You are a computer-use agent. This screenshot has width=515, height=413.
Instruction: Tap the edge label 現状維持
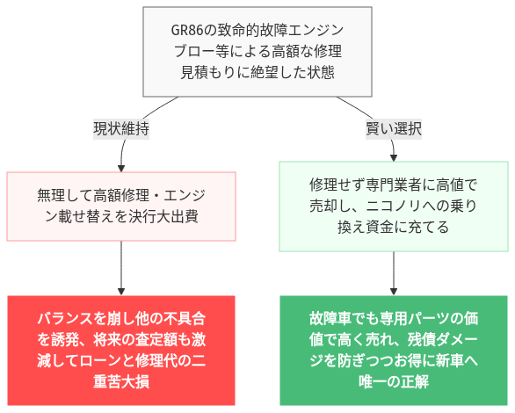pos(121,127)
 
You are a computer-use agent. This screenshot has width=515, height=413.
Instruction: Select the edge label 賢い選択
pos(393,127)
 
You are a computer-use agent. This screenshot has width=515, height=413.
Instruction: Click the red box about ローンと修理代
pos(121,349)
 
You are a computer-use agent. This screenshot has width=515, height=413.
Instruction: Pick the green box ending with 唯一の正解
pos(393,349)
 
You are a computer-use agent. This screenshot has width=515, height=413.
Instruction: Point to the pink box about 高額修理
pos(121,206)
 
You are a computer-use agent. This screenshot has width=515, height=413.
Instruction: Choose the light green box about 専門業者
pos(393,206)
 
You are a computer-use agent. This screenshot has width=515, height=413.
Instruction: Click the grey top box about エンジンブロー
pos(257,52)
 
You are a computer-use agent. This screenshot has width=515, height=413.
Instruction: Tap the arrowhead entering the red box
pos(121,292)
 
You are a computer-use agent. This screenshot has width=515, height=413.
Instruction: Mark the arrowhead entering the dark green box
pos(393,292)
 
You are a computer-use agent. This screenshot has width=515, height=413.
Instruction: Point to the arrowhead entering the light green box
pos(393,156)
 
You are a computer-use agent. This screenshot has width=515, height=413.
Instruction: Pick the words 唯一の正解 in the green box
pos(393,380)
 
